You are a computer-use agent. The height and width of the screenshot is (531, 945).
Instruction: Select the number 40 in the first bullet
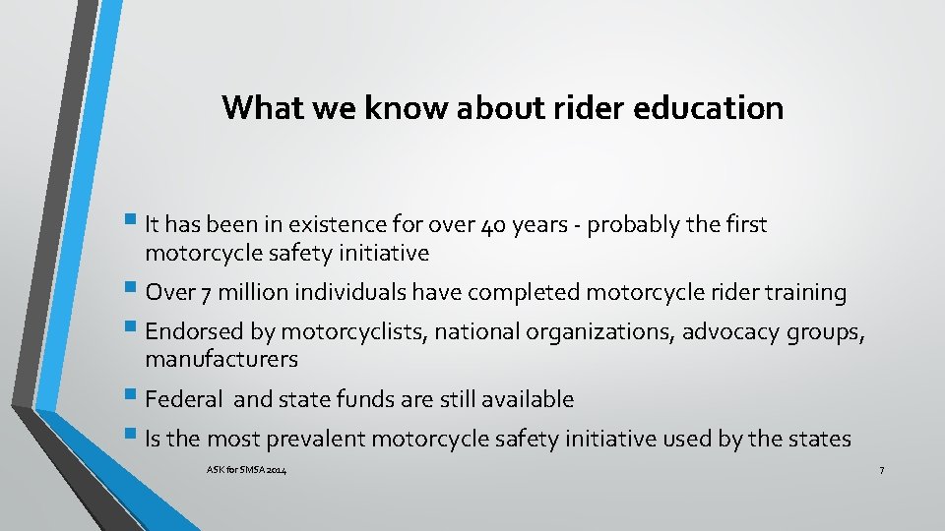point(495,225)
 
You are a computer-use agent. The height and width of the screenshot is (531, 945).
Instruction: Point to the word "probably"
point(640,225)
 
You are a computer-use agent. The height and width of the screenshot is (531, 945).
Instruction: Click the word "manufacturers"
point(221,359)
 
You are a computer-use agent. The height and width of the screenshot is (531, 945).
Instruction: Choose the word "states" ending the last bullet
point(819,439)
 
